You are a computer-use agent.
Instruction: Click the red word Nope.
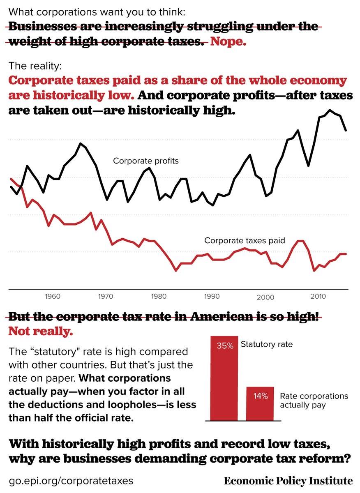pyautogui.click(x=228, y=42)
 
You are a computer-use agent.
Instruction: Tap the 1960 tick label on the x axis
pyautogui.click(x=53, y=296)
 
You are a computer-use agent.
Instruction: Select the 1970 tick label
pyautogui.click(x=105, y=296)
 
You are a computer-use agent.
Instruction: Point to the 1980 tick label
pyautogui.click(x=159, y=296)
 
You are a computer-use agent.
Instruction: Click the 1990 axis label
pyautogui.click(x=212, y=296)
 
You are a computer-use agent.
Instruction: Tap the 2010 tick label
pyautogui.click(x=318, y=296)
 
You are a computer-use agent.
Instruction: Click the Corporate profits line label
pyautogui.click(x=146, y=161)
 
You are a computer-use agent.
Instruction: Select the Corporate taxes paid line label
pyautogui.click(x=245, y=241)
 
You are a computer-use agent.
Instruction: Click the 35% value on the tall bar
pyautogui.click(x=225, y=346)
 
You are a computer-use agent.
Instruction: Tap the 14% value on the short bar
pyautogui.click(x=260, y=396)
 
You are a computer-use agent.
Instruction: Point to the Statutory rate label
pyautogui.click(x=267, y=344)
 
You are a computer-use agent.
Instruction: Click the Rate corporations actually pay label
pyautogui.click(x=314, y=401)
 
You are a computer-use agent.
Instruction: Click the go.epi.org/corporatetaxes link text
pyautogui.click(x=71, y=480)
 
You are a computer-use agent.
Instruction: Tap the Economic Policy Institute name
pyautogui.click(x=288, y=481)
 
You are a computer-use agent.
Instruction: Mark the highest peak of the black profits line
pyautogui.click(x=330, y=110)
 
